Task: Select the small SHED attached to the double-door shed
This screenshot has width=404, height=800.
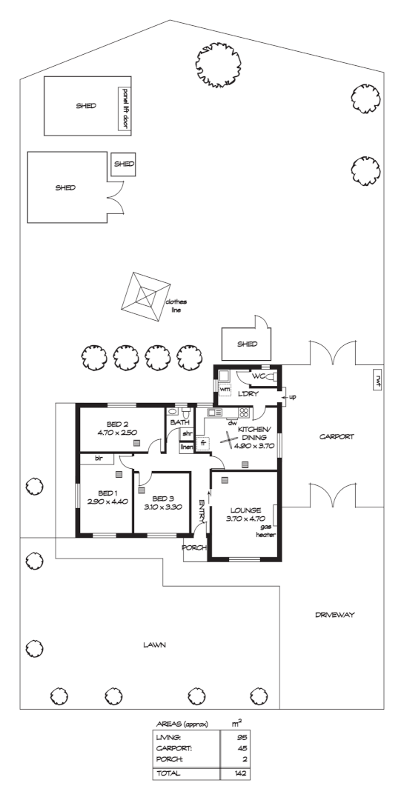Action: [124, 164]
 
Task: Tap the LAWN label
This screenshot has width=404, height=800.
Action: [155, 645]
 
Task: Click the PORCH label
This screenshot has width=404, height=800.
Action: [195, 548]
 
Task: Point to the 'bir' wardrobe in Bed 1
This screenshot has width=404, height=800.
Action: [98, 459]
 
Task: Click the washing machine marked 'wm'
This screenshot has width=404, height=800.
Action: [224, 389]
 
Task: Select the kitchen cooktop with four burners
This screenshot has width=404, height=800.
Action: [242, 413]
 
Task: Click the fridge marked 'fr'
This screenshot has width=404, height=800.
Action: [202, 443]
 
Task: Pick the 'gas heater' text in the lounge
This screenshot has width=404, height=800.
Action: [265, 530]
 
